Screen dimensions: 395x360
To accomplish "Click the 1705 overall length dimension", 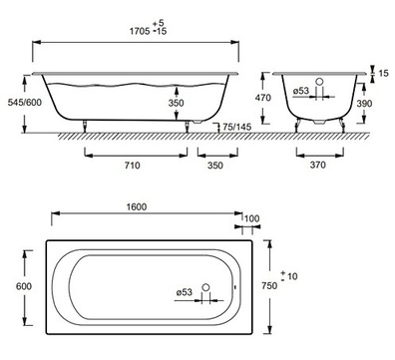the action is [140, 32].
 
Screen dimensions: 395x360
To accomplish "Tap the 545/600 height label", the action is [25, 102].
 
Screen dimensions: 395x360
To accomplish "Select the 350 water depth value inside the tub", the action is [176, 103].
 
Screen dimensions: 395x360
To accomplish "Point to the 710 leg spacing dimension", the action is [132, 165].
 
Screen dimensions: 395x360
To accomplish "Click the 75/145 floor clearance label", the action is [236, 127].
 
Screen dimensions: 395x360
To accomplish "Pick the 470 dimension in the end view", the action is [263, 98].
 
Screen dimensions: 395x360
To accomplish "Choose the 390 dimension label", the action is [364, 104].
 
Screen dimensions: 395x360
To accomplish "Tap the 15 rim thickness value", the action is [383, 73].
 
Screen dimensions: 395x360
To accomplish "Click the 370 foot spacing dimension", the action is [317, 165].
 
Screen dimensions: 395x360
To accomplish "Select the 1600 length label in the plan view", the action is [137, 206].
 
